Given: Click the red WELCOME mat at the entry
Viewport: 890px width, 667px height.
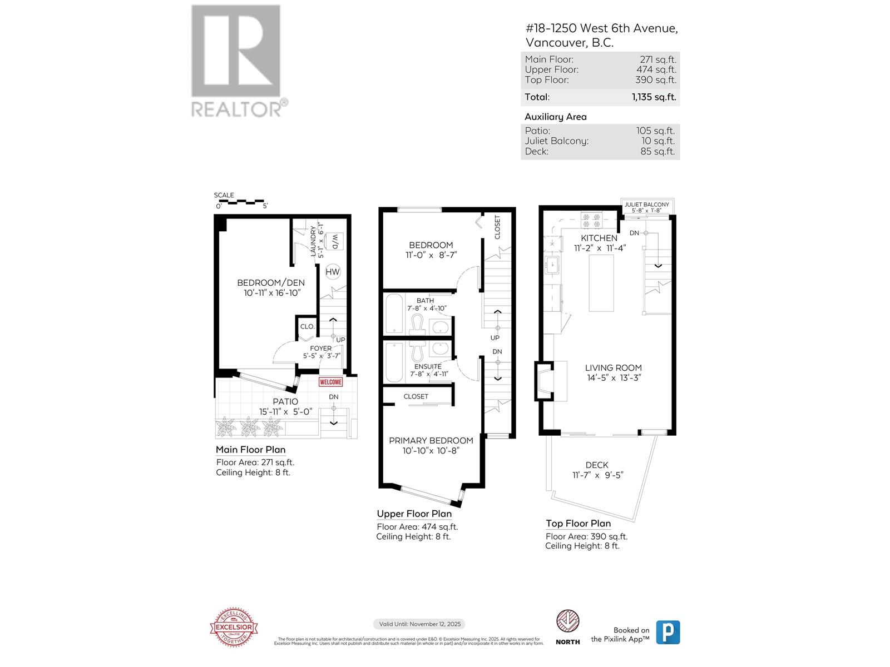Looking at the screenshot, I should click(x=330, y=382).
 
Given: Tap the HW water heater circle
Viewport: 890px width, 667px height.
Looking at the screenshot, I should click(x=333, y=272).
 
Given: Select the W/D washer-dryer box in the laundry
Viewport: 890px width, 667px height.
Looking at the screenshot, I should click(x=335, y=241).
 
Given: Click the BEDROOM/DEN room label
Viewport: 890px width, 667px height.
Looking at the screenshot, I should click(x=271, y=282).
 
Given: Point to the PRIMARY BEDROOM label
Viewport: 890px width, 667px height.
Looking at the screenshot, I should click(x=431, y=440).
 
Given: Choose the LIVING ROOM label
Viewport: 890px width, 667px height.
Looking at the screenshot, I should click(x=613, y=367).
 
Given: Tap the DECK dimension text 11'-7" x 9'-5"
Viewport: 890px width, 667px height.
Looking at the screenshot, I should click(x=597, y=475).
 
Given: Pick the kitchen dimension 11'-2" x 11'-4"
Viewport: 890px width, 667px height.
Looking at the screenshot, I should click(x=600, y=248).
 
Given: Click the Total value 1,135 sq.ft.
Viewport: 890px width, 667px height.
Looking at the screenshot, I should click(x=654, y=97).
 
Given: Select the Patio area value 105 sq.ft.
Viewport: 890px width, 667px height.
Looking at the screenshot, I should click(x=655, y=131).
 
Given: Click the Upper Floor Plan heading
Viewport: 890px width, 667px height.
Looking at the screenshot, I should click(x=414, y=514).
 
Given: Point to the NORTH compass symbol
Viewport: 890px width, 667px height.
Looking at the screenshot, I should click(x=567, y=621).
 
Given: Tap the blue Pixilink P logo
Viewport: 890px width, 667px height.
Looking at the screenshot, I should click(x=667, y=632).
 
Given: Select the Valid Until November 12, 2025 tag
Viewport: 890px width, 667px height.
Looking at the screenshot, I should click(x=419, y=624).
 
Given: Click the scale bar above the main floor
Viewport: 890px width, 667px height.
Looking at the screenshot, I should click(x=240, y=201).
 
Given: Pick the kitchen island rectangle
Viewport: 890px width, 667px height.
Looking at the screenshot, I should click(x=601, y=283).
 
